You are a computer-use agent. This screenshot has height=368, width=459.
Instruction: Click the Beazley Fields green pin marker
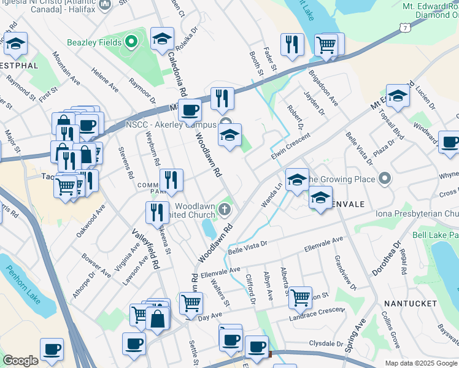coord(130,42)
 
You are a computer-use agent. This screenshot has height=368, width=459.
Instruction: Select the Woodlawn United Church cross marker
coord(225,210)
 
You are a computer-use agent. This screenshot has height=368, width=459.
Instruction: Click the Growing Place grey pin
coord(385,179)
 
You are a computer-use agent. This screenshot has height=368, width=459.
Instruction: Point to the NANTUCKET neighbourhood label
coord(411,304)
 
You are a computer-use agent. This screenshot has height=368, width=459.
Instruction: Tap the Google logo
coord(20,361)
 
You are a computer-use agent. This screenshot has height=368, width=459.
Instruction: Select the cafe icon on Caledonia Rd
coord(190,110)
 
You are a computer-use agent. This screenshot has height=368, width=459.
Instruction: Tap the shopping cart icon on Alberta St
coord(300,297)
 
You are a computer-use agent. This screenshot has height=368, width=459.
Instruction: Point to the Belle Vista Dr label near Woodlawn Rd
coord(248,244)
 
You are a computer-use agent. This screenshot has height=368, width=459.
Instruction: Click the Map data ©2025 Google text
coord(420,363)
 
